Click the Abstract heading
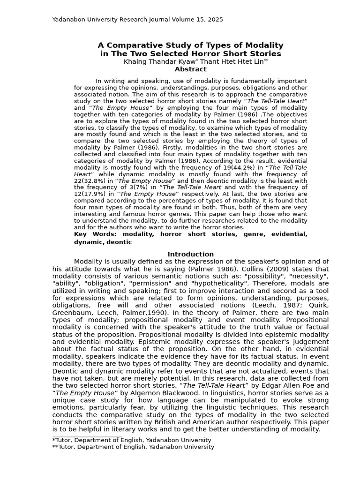pos(190,69)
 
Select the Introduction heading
pos(190,254)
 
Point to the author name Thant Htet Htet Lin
pos(226,61)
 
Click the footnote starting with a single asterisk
pos(132,440)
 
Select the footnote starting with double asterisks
pos(133,447)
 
